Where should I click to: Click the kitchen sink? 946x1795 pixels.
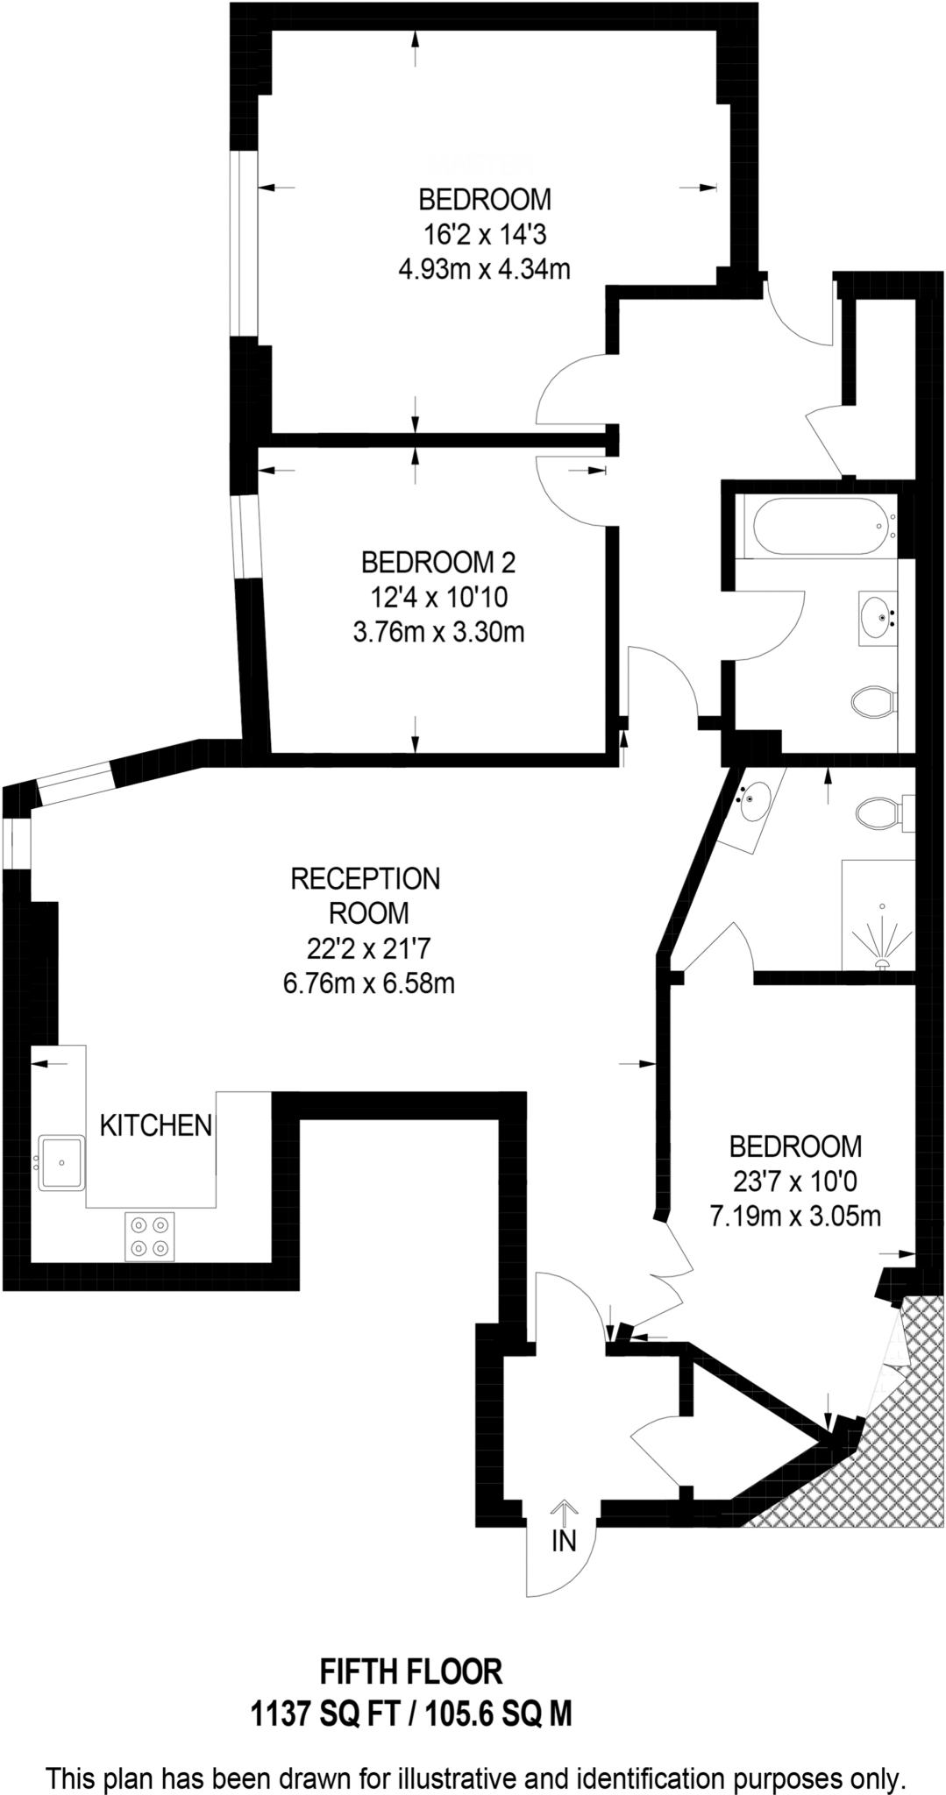pyautogui.click(x=61, y=1162)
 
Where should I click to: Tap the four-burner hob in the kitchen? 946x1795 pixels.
pyautogui.click(x=149, y=1237)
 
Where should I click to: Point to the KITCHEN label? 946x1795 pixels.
pyautogui.click(x=156, y=1125)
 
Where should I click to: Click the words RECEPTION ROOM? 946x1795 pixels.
pyautogui.click(x=366, y=896)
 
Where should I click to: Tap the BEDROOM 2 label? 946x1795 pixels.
pyautogui.click(x=438, y=561)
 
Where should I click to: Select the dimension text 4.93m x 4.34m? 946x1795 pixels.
pyautogui.click(x=484, y=269)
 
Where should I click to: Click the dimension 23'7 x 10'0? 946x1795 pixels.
pyautogui.click(x=795, y=1181)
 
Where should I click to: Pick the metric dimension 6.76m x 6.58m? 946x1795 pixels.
pyautogui.click(x=368, y=983)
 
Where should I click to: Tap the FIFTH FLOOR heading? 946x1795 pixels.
pyautogui.click(x=410, y=1671)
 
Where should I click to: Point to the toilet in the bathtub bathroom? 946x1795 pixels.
pyautogui.click(x=873, y=702)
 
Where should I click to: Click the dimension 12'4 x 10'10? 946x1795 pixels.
pyautogui.click(x=438, y=598)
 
